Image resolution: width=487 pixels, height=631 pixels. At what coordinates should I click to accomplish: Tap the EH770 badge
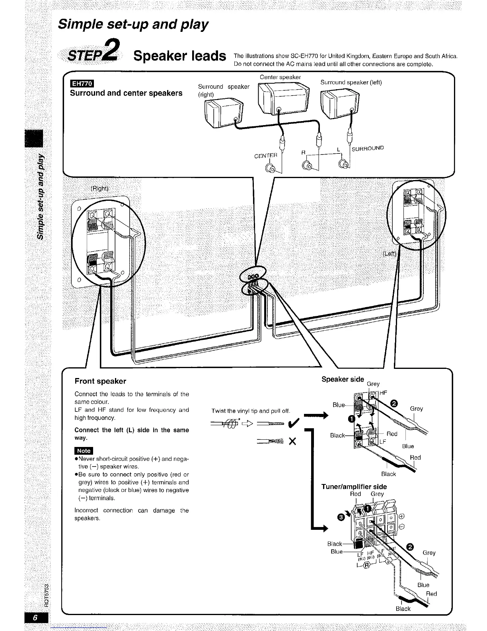[81, 84]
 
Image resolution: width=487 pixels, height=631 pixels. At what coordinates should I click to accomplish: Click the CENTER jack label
[265, 155]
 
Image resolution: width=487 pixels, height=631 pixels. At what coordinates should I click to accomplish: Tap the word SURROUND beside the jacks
[368, 148]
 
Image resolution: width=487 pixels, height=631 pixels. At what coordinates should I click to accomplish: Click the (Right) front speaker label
[99, 188]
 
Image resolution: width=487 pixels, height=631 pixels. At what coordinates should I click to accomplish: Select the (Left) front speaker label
[390, 254]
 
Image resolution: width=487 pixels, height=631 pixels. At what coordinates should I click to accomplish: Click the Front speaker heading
[100, 381]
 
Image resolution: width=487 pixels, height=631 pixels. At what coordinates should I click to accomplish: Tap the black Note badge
[84, 451]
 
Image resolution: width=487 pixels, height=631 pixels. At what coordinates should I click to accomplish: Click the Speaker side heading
[343, 379]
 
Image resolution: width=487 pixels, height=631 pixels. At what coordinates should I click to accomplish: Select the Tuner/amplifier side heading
[354, 486]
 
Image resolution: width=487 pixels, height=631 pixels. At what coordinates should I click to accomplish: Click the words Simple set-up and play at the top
[133, 25]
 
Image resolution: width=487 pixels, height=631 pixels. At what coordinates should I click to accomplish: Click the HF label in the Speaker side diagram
[384, 393]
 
